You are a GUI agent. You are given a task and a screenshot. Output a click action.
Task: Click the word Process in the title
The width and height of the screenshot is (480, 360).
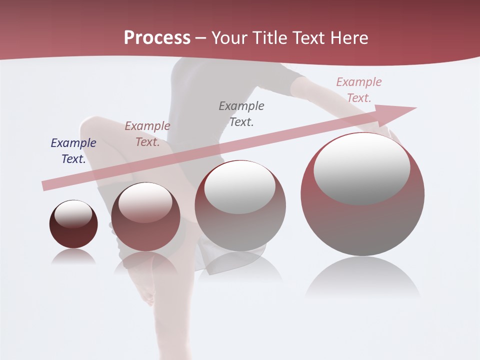pyautogui.click(x=157, y=38)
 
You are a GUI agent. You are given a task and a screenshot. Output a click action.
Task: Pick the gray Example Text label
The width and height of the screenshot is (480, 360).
pyautogui.click(x=241, y=113)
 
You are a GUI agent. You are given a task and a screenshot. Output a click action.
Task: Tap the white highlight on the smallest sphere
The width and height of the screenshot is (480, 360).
pyautogui.click(x=73, y=213)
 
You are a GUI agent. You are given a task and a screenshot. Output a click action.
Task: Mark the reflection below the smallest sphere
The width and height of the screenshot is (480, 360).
pyautogui.click(x=73, y=257)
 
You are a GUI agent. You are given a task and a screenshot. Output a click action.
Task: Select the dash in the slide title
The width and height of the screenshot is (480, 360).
pyautogui.click(x=200, y=38)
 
